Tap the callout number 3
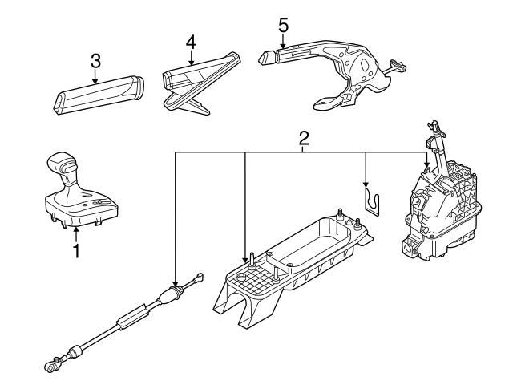coord(95,60)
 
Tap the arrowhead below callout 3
coord(95,81)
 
